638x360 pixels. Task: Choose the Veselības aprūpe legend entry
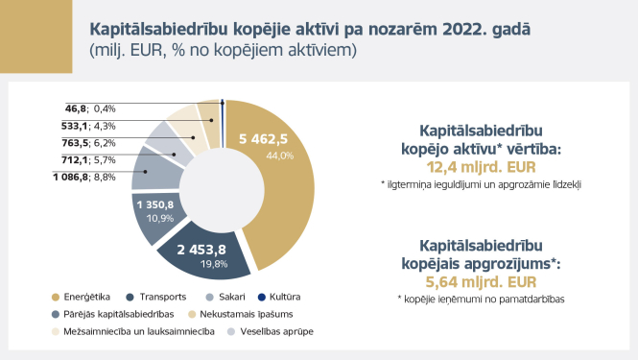click(x=272, y=331)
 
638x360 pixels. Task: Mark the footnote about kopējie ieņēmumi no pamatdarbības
click(x=481, y=300)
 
